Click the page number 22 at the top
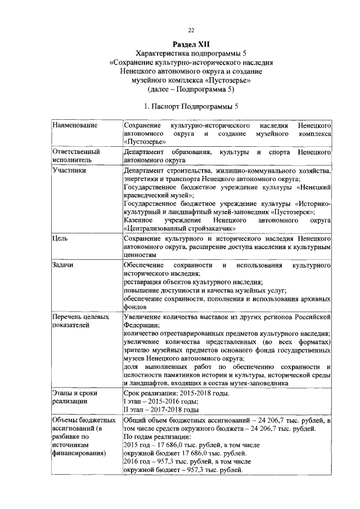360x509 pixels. (191, 30)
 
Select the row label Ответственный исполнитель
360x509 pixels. (76, 156)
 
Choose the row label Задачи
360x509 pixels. (63, 264)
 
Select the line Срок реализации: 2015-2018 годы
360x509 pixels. (176, 394)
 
